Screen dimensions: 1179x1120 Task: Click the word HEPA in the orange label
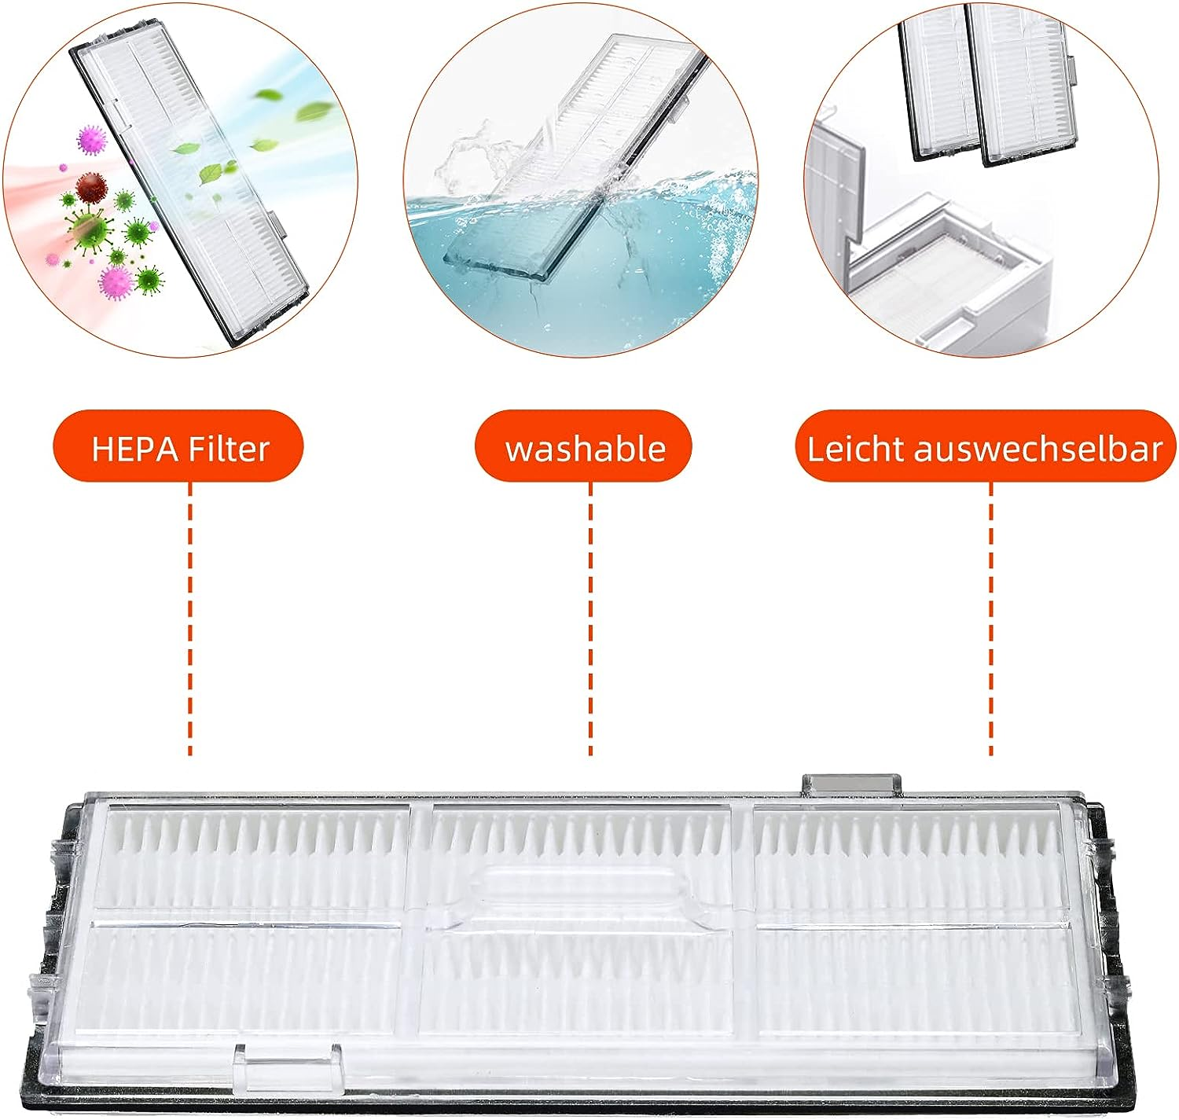coord(136,449)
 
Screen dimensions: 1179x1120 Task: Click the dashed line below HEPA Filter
coord(190,618)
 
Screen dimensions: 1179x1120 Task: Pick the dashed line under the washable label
coord(591,618)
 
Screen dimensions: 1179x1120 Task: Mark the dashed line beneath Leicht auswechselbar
coord(990,618)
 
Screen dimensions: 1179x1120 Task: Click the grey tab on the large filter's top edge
coord(851,784)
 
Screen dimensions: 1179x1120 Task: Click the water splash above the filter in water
coord(474,156)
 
